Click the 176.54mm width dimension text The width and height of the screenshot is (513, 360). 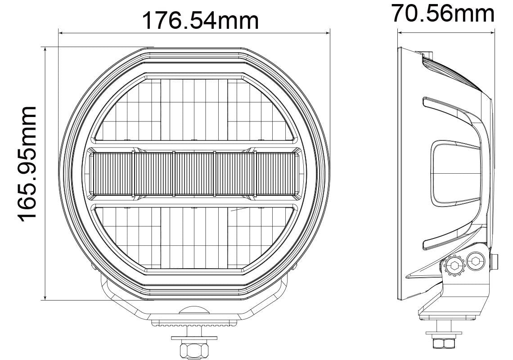click(200, 20)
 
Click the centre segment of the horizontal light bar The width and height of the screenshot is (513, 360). click(194, 174)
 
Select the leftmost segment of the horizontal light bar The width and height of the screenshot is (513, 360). click(112, 174)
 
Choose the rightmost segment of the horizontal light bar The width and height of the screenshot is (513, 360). click(275, 174)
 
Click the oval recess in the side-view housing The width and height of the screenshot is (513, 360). click(454, 173)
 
